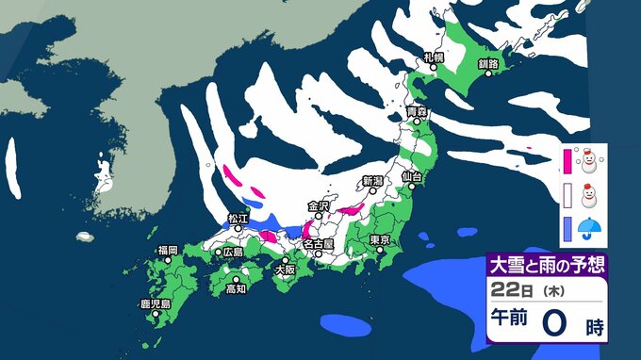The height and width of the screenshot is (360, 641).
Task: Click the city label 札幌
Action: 434,57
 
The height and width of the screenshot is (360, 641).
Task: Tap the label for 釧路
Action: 488,63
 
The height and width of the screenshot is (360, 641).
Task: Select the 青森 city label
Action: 417,112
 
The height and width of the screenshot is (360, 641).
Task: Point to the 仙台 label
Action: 411,176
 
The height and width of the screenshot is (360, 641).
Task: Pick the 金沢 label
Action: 319,205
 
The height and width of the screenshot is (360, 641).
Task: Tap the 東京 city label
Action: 381,238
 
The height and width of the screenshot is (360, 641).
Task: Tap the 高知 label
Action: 236,289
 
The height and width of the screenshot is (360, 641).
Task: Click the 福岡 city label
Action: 169,250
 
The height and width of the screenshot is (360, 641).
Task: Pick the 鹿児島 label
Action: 153,303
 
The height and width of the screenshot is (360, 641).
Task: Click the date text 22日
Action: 505,287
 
